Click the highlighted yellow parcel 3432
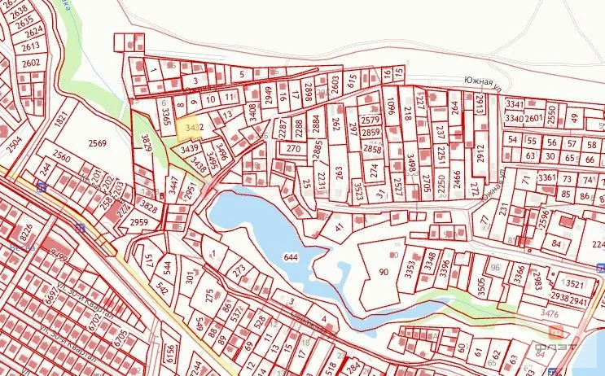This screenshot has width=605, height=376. (x=193, y=128)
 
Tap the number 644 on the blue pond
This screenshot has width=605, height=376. (x=290, y=257)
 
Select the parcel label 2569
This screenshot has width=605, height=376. (x=98, y=143)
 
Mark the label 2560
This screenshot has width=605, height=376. (x=61, y=155)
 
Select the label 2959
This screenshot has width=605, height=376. (x=140, y=221)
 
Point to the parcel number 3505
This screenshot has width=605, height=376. (x=480, y=286)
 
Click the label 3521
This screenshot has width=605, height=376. (x=577, y=284)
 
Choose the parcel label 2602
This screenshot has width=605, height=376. (x=31, y=63)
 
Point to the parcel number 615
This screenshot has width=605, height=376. (x=353, y=80)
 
